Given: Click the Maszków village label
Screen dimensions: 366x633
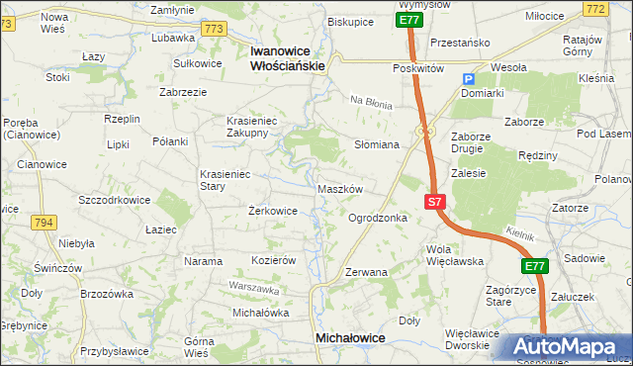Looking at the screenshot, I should pyautogui.click(x=342, y=188).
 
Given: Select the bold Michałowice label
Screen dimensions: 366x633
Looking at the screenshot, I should pyautogui.click(x=350, y=337).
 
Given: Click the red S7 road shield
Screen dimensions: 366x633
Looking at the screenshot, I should pyautogui.click(x=435, y=202).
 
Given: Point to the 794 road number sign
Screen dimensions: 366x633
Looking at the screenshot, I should pyautogui.click(x=44, y=223).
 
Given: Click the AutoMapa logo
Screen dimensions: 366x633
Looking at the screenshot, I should pyautogui.click(x=563, y=347).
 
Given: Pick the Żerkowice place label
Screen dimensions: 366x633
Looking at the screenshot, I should pyautogui.click(x=273, y=211).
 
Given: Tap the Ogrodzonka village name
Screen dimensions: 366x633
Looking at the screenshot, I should pyautogui.click(x=377, y=218).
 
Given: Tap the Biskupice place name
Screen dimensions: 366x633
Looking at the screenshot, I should pyautogui.click(x=350, y=21).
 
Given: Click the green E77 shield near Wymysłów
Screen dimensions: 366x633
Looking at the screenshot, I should pyautogui.click(x=409, y=20).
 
